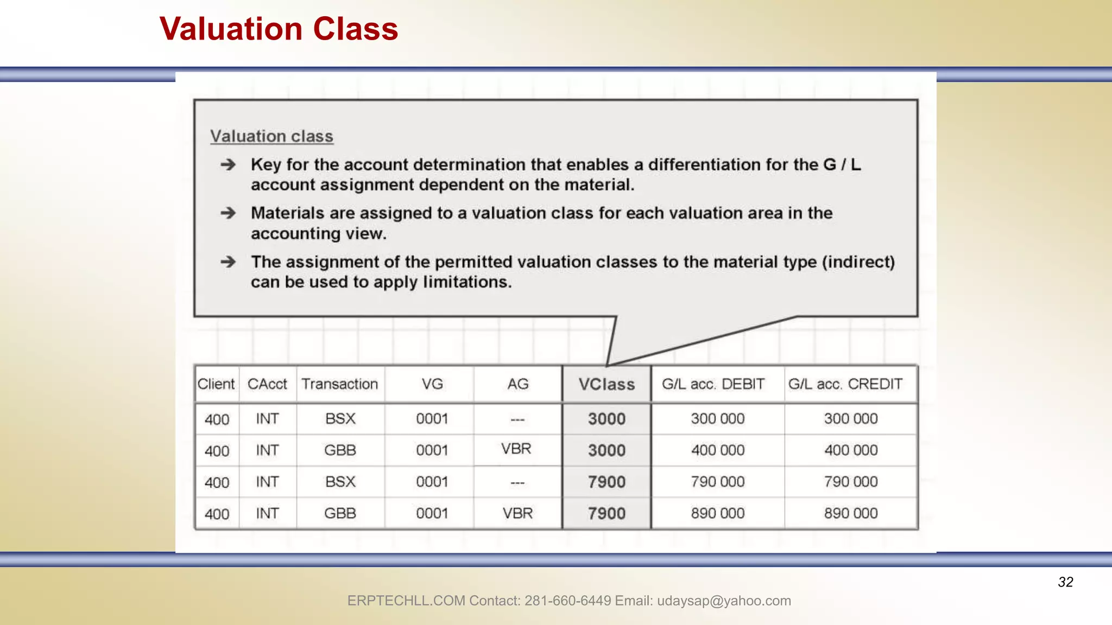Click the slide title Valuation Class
coord(279,29)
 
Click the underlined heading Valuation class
coord(271,136)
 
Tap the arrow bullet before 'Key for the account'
coord(228,164)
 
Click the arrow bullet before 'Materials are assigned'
coord(228,213)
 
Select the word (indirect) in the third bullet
coord(858,262)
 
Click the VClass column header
coord(606,384)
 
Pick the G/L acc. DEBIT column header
coord(713,384)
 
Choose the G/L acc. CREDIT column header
coord(845,384)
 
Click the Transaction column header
coord(340,384)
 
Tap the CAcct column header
coord(267,384)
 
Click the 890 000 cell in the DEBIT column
coord(718,513)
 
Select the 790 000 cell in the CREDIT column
coord(851,482)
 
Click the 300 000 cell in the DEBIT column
coord(718,419)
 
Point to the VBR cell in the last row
coord(517,513)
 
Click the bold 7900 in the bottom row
coord(606,513)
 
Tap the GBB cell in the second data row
coord(340,450)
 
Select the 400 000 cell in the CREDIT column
coord(851,450)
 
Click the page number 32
coord(1065,582)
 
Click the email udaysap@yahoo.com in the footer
coord(724,601)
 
